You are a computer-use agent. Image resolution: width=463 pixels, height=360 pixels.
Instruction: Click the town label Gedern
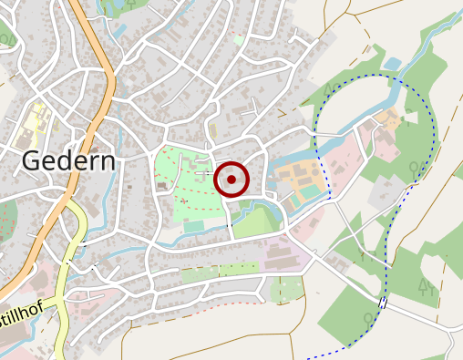68,161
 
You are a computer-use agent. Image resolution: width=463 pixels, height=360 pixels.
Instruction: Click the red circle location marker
231,180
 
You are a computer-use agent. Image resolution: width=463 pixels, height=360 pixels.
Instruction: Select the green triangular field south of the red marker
258,221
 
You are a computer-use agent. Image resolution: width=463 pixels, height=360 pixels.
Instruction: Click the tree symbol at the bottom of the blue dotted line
366,319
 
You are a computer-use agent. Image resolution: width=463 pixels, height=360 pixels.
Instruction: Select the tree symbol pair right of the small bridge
425,288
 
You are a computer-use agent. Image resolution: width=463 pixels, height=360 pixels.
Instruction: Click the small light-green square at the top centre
240,39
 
